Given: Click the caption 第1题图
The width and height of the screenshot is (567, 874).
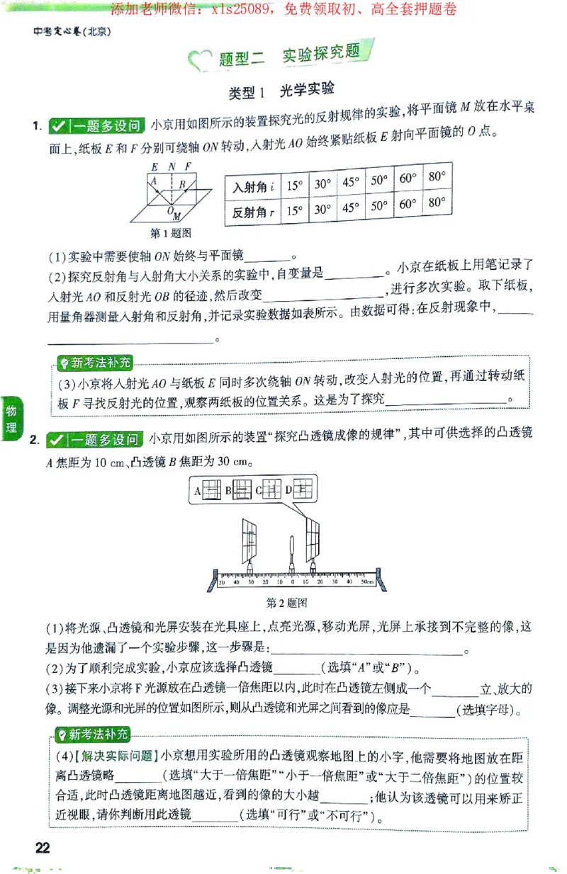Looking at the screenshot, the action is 171,232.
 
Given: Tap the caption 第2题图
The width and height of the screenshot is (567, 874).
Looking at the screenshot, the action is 286,603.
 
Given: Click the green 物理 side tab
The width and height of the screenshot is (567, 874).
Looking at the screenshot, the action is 11,419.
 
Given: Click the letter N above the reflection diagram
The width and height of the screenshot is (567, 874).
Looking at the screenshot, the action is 170,167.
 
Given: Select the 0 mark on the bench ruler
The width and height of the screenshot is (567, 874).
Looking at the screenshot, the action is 292,581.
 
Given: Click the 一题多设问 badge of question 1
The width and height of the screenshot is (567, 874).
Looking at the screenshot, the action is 96,127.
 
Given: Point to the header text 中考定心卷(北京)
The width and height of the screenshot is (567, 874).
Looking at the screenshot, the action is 73,31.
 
